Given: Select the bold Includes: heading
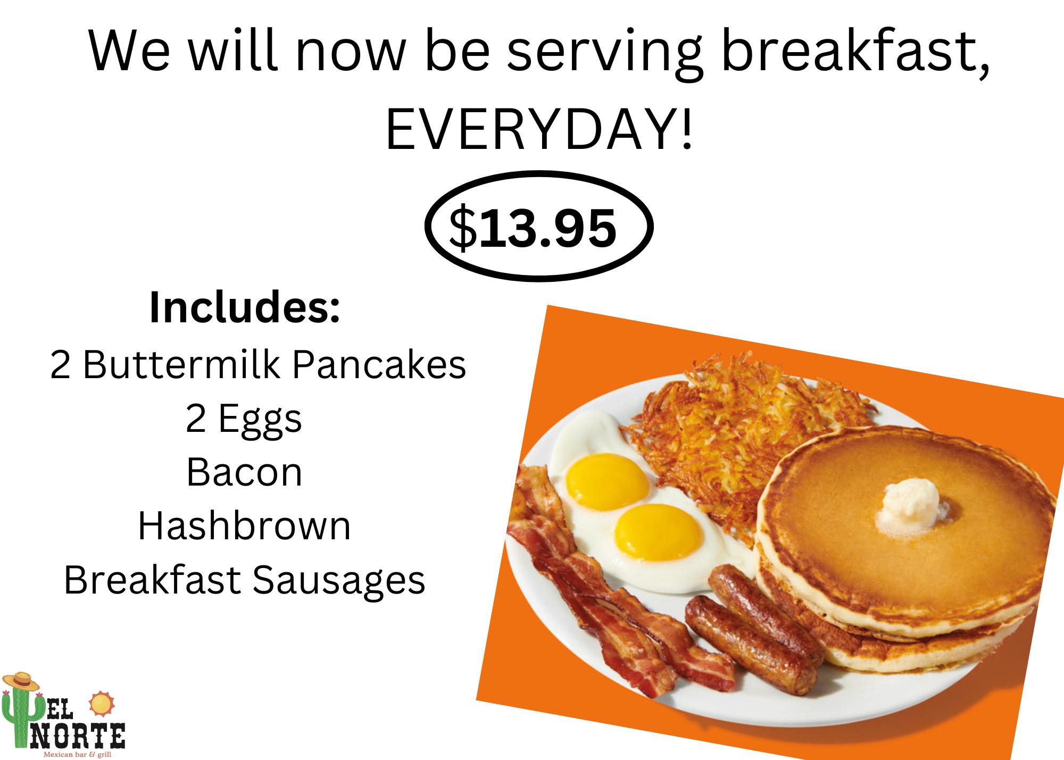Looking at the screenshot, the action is [245, 308].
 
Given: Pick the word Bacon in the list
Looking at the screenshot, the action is [244, 472].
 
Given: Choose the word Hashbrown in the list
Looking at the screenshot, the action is [244, 526].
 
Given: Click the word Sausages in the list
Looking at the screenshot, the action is [338, 580].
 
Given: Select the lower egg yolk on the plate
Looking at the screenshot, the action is [658, 531].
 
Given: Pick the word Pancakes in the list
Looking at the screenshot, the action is [378, 365].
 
